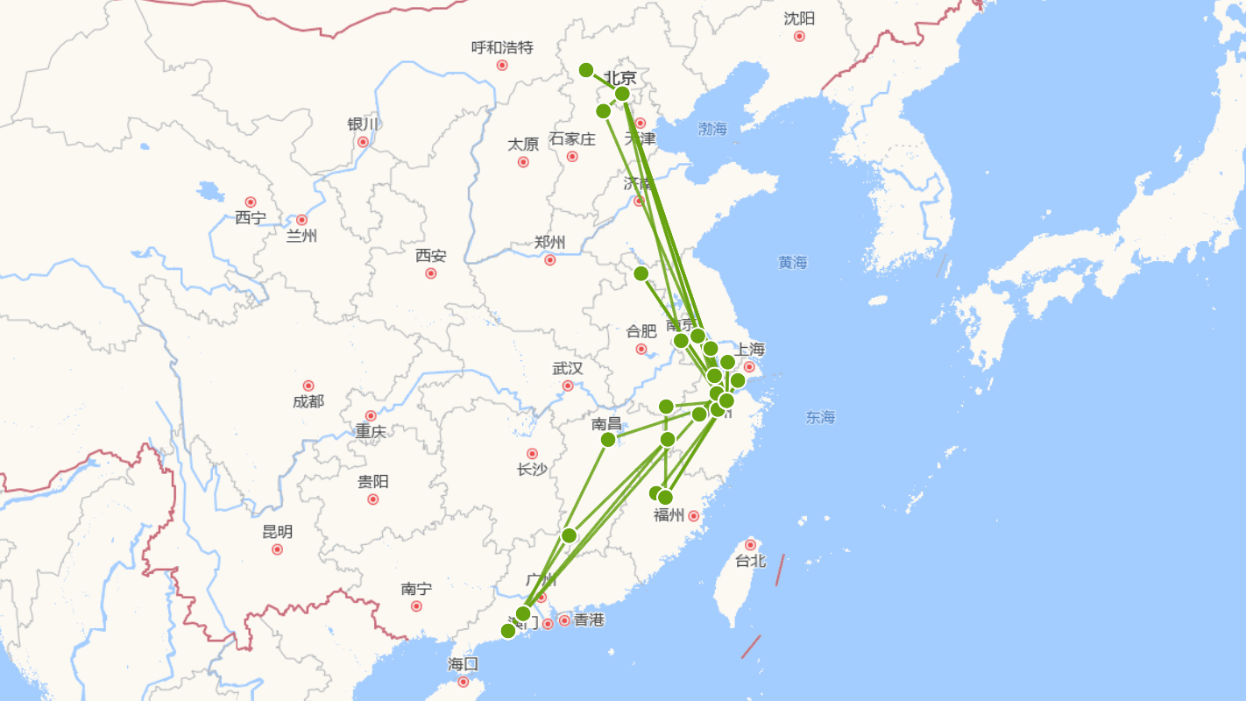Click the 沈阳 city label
[x=799, y=18]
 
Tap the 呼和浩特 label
[x=502, y=47]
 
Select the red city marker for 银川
[x=363, y=142]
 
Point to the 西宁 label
[x=251, y=217]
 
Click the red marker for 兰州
[x=302, y=220]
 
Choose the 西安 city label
[x=430, y=256]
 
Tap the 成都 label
[x=308, y=401]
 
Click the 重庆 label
[x=371, y=431]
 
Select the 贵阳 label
[x=373, y=482]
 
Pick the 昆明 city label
[x=278, y=532]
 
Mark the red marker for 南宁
[x=416, y=606]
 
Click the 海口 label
[x=463, y=663]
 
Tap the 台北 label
[x=750, y=561]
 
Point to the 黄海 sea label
[x=793, y=262]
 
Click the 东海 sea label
[x=821, y=417]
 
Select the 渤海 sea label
[x=712, y=129]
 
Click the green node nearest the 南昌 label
[x=608, y=439]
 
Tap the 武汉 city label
[x=568, y=369]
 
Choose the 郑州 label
[x=549, y=243]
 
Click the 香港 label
[x=589, y=620]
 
